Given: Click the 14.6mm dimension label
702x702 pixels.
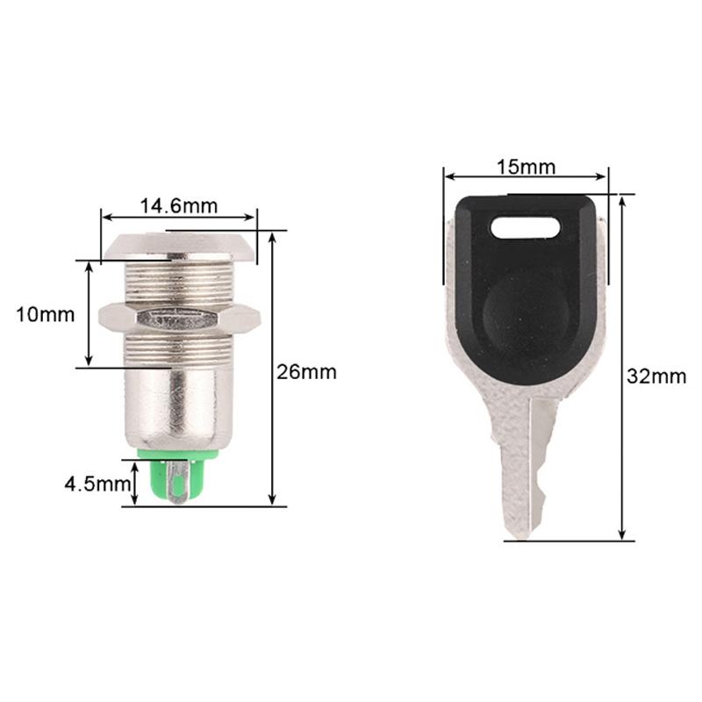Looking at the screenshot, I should pyautogui.click(x=178, y=206).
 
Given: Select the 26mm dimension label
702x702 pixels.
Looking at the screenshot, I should pyautogui.click(x=306, y=371).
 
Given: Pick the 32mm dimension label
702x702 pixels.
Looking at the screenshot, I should pyautogui.click(x=656, y=376).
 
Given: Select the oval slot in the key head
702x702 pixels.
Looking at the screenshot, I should pyautogui.click(x=525, y=229).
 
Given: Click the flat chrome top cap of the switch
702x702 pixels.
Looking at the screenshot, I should pyautogui.click(x=180, y=247).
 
